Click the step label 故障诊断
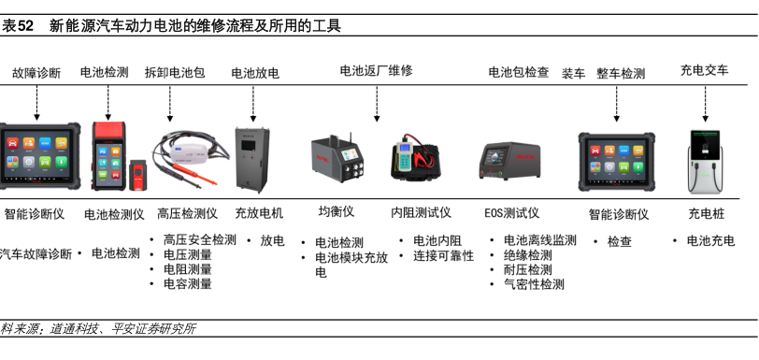coord(36,73)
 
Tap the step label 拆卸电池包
coord(175,73)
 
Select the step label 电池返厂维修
coord(376,71)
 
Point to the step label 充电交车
coord(704,70)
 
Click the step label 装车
coord(574,74)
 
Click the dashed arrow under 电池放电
coord(253,104)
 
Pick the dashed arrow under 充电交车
coord(706,104)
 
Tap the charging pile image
coord(706,162)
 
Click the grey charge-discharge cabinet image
coord(252,159)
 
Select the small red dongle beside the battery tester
coord(137,176)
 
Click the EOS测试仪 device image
coord(509,161)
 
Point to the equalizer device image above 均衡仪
coord(337,158)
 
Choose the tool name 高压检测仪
coord(187,214)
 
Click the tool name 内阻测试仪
coord(422,212)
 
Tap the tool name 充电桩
coord(707,214)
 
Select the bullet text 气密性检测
coord(534,284)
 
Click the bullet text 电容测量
coord(188,284)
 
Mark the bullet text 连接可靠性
coord(443,256)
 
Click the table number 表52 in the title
coord(18,25)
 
